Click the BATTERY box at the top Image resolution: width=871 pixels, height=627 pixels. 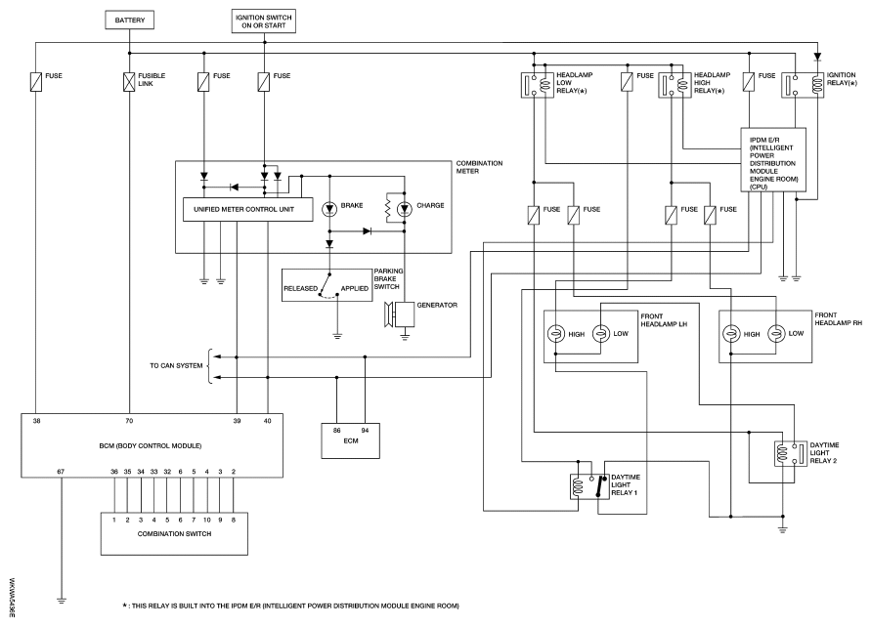[x=129, y=20]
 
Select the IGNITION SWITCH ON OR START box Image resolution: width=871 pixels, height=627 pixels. [x=263, y=21]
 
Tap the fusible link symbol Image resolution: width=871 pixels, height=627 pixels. [x=129, y=82]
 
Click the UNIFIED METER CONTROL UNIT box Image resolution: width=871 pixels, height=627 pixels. [x=247, y=209]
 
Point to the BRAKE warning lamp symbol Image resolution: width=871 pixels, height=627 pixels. [x=329, y=209]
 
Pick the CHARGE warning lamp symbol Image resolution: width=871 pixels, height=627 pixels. [x=405, y=209]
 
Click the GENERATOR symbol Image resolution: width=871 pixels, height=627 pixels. [x=401, y=314]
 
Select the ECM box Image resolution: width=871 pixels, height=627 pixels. [x=351, y=441]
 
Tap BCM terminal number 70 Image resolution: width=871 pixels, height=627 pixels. [x=129, y=421]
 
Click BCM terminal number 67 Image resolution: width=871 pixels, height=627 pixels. [x=61, y=472]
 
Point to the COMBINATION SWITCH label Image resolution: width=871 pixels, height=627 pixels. [x=174, y=534]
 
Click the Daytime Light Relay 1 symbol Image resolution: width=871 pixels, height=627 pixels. [x=589, y=486]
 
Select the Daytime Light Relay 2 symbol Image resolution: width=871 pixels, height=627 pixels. [x=791, y=453]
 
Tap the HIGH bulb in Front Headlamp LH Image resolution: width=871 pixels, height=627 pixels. [x=555, y=334]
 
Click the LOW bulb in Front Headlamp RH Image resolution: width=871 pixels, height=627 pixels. [x=776, y=333]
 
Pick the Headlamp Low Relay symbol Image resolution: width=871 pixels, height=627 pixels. [x=537, y=85]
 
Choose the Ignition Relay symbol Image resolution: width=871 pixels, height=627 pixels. [x=803, y=85]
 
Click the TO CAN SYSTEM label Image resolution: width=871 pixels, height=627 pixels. [x=176, y=365]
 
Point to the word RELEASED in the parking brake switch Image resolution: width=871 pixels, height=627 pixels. [x=300, y=288]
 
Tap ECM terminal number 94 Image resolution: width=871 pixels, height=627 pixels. [x=365, y=430]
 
